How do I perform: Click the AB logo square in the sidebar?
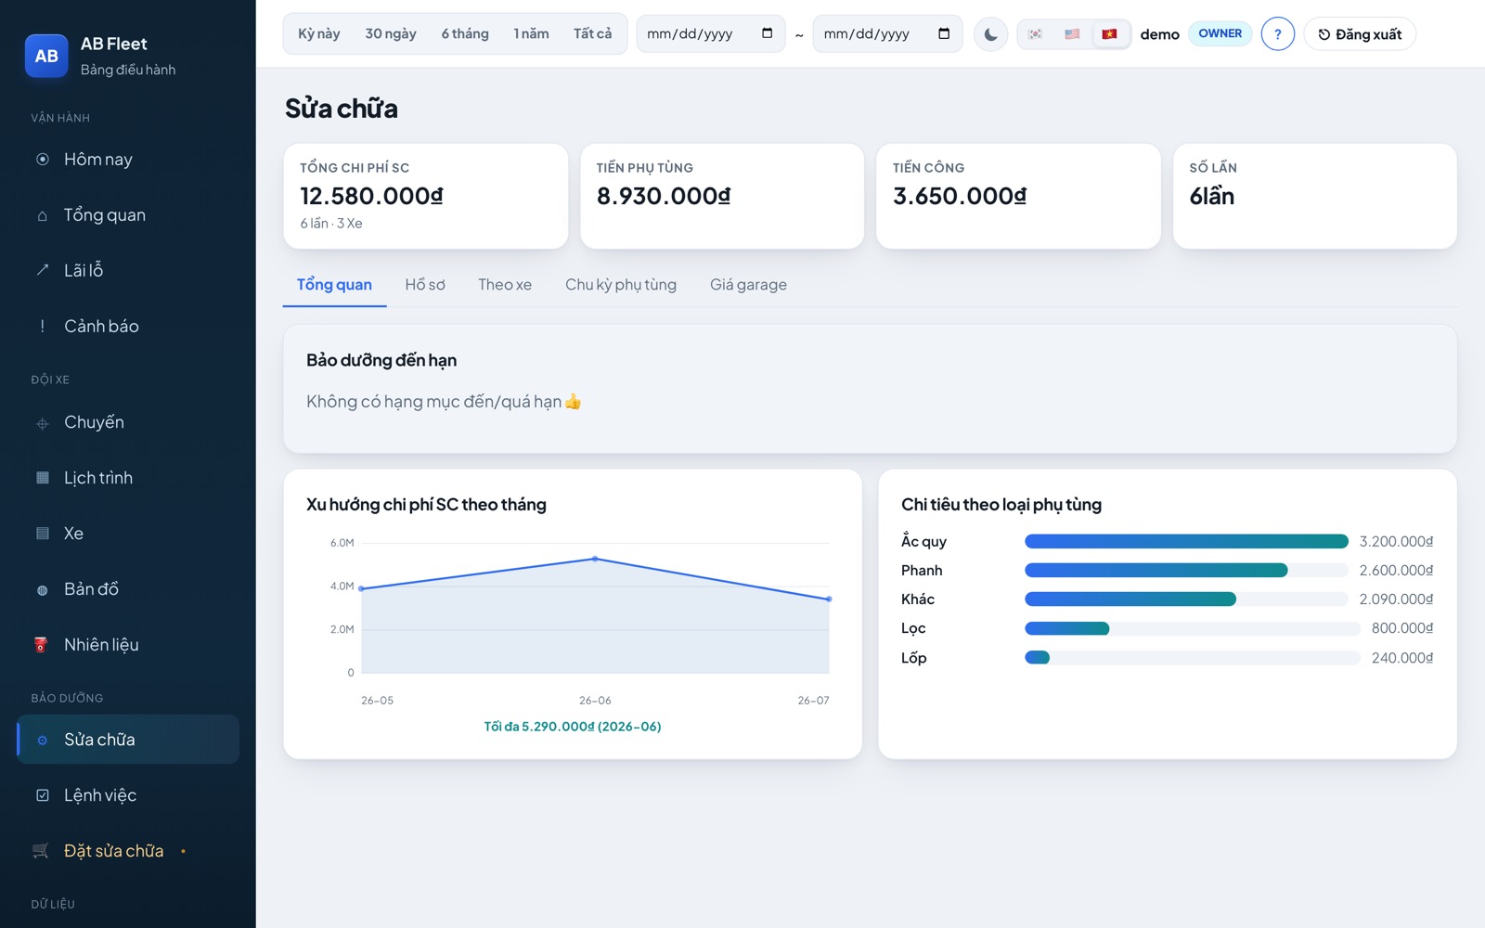click(x=46, y=56)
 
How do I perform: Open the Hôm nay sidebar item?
click(x=97, y=159)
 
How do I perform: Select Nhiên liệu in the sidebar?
click(x=101, y=644)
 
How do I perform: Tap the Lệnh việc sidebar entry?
click(x=99, y=794)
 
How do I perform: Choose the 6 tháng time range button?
click(x=465, y=33)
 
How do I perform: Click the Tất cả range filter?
click(x=592, y=33)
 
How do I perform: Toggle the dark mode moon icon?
click(x=990, y=34)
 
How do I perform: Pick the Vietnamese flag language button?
click(x=1109, y=33)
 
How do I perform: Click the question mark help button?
click(x=1277, y=34)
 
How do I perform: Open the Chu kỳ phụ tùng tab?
click(x=621, y=284)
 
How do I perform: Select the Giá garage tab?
click(x=748, y=284)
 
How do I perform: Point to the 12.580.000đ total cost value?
click(x=371, y=196)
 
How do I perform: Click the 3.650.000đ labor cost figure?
click(x=960, y=196)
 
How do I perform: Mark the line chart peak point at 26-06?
click(x=595, y=560)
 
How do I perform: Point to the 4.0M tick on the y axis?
click(x=342, y=586)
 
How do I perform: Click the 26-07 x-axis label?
click(x=813, y=700)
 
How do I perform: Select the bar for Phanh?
click(x=1156, y=570)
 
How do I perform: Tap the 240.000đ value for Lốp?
click(x=1402, y=658)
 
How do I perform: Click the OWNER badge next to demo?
click(x=1220, y=33)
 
